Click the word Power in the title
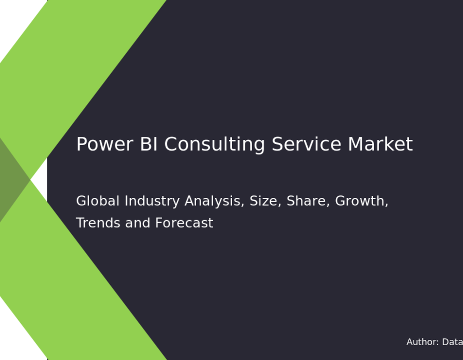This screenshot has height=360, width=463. pyautogui.click(x=104, y=144)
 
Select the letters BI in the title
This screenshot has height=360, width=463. pyautogui.click(x=149, y=144)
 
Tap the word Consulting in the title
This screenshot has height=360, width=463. pyautogui.click(x=215, y=145)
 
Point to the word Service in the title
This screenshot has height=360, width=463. pyautogui.click(x=307, y=144)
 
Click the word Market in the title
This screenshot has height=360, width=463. pyautogui.click(x=380, y=144)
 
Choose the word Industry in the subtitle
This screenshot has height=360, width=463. pyautogui.click(x=152, y=202)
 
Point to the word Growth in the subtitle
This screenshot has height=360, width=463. pyautogui.click(x=360, y=201)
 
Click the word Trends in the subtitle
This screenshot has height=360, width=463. pyautogui.click(x=98, y=223)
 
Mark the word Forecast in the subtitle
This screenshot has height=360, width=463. pyautogui.click(x=184, y=223)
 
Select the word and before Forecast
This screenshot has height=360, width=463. pyautogui.click(x=137, y=223)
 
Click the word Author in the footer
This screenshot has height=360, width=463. pyautogui.click(x=422, y=342)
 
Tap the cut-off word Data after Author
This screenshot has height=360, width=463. pyautogui.click(x=452, y=342)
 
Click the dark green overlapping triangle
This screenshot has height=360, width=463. pyautogui.click(x=12, y=179)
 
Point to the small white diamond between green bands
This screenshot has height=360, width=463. pyautogui.click(x=39, y=179)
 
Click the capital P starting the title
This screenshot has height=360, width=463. pyautogui.click(x=81, y=144)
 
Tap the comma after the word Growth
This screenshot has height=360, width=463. pyautogui.click(x=386, y=205)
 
